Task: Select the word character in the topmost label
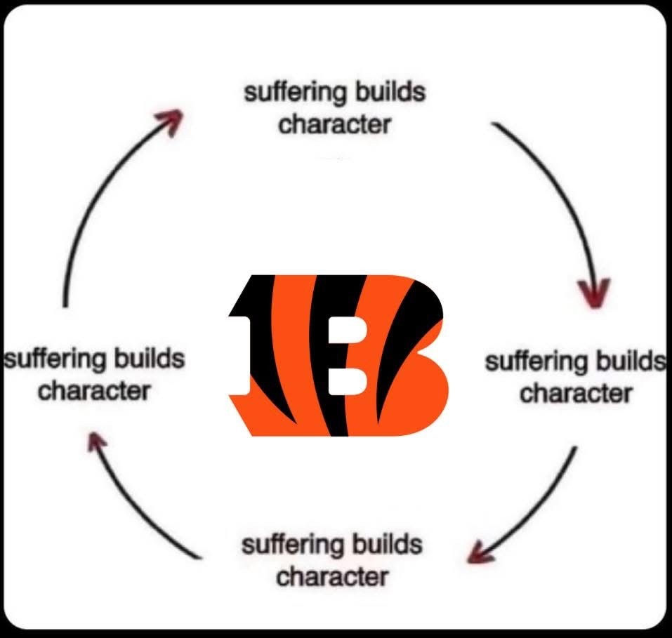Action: coord(334,124)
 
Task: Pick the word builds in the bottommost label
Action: coord(387,545)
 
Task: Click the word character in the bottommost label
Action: coord(332,577)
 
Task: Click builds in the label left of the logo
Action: coord(150,359)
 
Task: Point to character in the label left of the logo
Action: coord(93,390)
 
